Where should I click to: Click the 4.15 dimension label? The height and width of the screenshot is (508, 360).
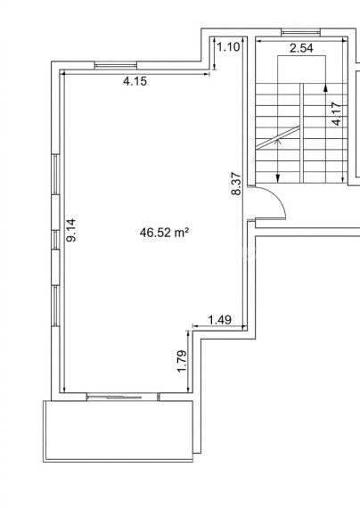[135, 81]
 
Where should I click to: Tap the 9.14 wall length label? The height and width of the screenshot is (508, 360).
[71, 230]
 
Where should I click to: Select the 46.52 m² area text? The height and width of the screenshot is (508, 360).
[164, 233]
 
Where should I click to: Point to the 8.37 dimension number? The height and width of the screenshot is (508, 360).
[236, 184]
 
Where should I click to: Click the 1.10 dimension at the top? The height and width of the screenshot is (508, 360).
[229, 47]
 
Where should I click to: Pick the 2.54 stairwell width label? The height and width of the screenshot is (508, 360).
[301, 48]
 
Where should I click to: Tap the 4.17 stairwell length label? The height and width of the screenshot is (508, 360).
[336, 114]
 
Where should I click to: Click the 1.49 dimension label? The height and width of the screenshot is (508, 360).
[220, 320]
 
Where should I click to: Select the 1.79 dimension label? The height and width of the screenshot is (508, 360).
[183, 361]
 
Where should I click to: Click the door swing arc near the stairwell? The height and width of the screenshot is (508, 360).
[279, 198]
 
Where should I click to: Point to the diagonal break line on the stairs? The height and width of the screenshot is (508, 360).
[277, 137]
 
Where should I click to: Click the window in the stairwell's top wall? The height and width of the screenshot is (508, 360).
[300, 32]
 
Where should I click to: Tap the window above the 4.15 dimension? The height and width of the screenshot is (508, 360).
[116, 65]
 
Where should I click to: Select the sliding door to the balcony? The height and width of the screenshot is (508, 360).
[123, 397]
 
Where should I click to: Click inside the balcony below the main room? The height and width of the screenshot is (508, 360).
[119, 430]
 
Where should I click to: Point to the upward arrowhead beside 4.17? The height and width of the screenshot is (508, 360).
[325, 88]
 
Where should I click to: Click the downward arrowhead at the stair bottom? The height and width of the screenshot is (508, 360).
[278, 178]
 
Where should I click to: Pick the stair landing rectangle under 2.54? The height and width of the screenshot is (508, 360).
[302, 70]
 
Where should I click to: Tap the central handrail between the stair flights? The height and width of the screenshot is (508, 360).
[302, 133]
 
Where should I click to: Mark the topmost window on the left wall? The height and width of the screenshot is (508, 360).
[56, 175]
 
